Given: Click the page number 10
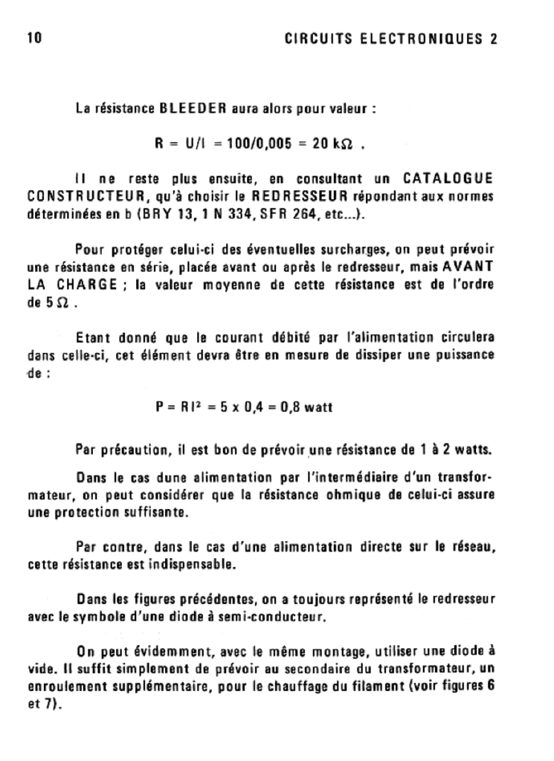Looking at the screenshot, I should pyautogui.click(x=34, y=39).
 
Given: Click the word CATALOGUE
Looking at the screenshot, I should pyautogui.click(x=447, y=180).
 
